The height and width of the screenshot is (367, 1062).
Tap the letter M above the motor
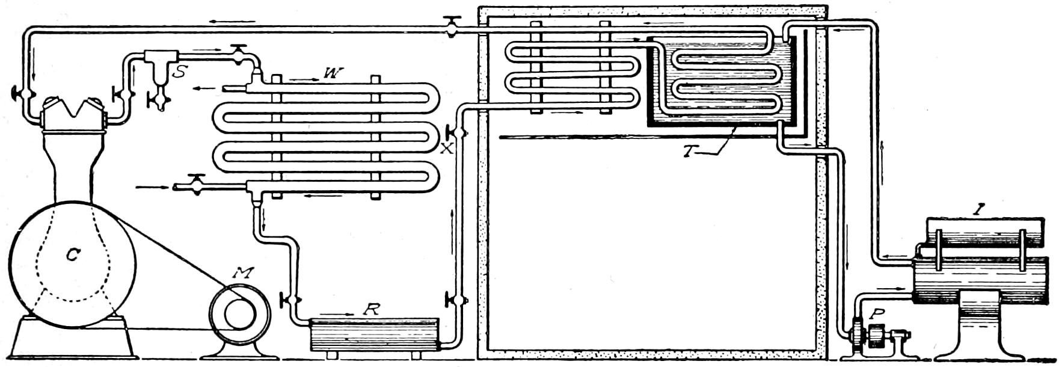click(244, 273)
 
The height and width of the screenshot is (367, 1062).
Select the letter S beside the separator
click(179, 72)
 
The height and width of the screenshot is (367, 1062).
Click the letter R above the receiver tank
click(373, 309)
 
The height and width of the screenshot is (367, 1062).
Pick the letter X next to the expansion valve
click(446, 149)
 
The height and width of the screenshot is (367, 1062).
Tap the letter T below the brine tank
click(689, 151)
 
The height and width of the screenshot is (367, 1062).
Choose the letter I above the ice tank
click(980, 210)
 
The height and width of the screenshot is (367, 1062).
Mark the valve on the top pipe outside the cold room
click(451, 26)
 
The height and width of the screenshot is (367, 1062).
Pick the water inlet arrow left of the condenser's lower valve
click(147, 187)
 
